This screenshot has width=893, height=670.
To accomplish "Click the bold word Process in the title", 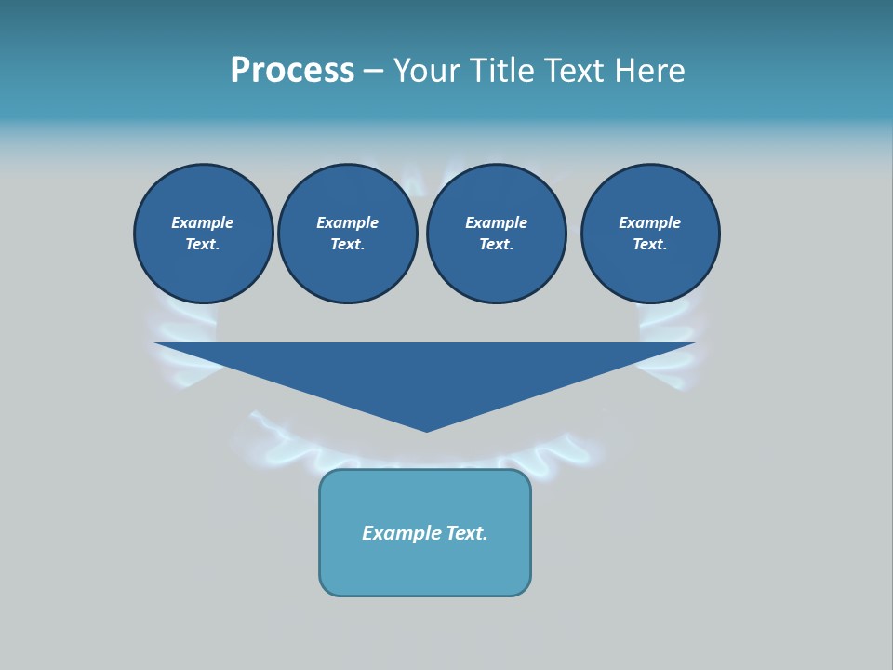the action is pyautogui.click(x=292, y=71).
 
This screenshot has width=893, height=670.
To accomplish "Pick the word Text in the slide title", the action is pyautogui.click(x=573, y=71).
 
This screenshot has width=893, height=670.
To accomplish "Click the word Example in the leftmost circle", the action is pyautogui.click(x=203, y=222).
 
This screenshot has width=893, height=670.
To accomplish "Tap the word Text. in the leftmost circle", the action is pyautogui.click(x=203, y=244).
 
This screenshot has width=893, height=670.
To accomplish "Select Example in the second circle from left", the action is pyautogui.click(x=347, y=222).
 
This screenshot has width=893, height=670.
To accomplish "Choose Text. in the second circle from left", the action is pyautogui.click(x=347, y=244).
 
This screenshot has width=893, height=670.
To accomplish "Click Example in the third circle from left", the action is pyautogui.click(x=496, y=222).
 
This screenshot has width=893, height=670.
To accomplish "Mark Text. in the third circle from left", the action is pyautogui.click(x=496, y=244).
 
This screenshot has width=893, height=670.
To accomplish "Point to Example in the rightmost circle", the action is pyautogui.click(x=649, y=222).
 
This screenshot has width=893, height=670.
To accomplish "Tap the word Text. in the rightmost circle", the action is pyautogui.click(x=649, y=244).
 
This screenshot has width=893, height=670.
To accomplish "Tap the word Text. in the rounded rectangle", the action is pyautogui.click(x=467, y=533).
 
